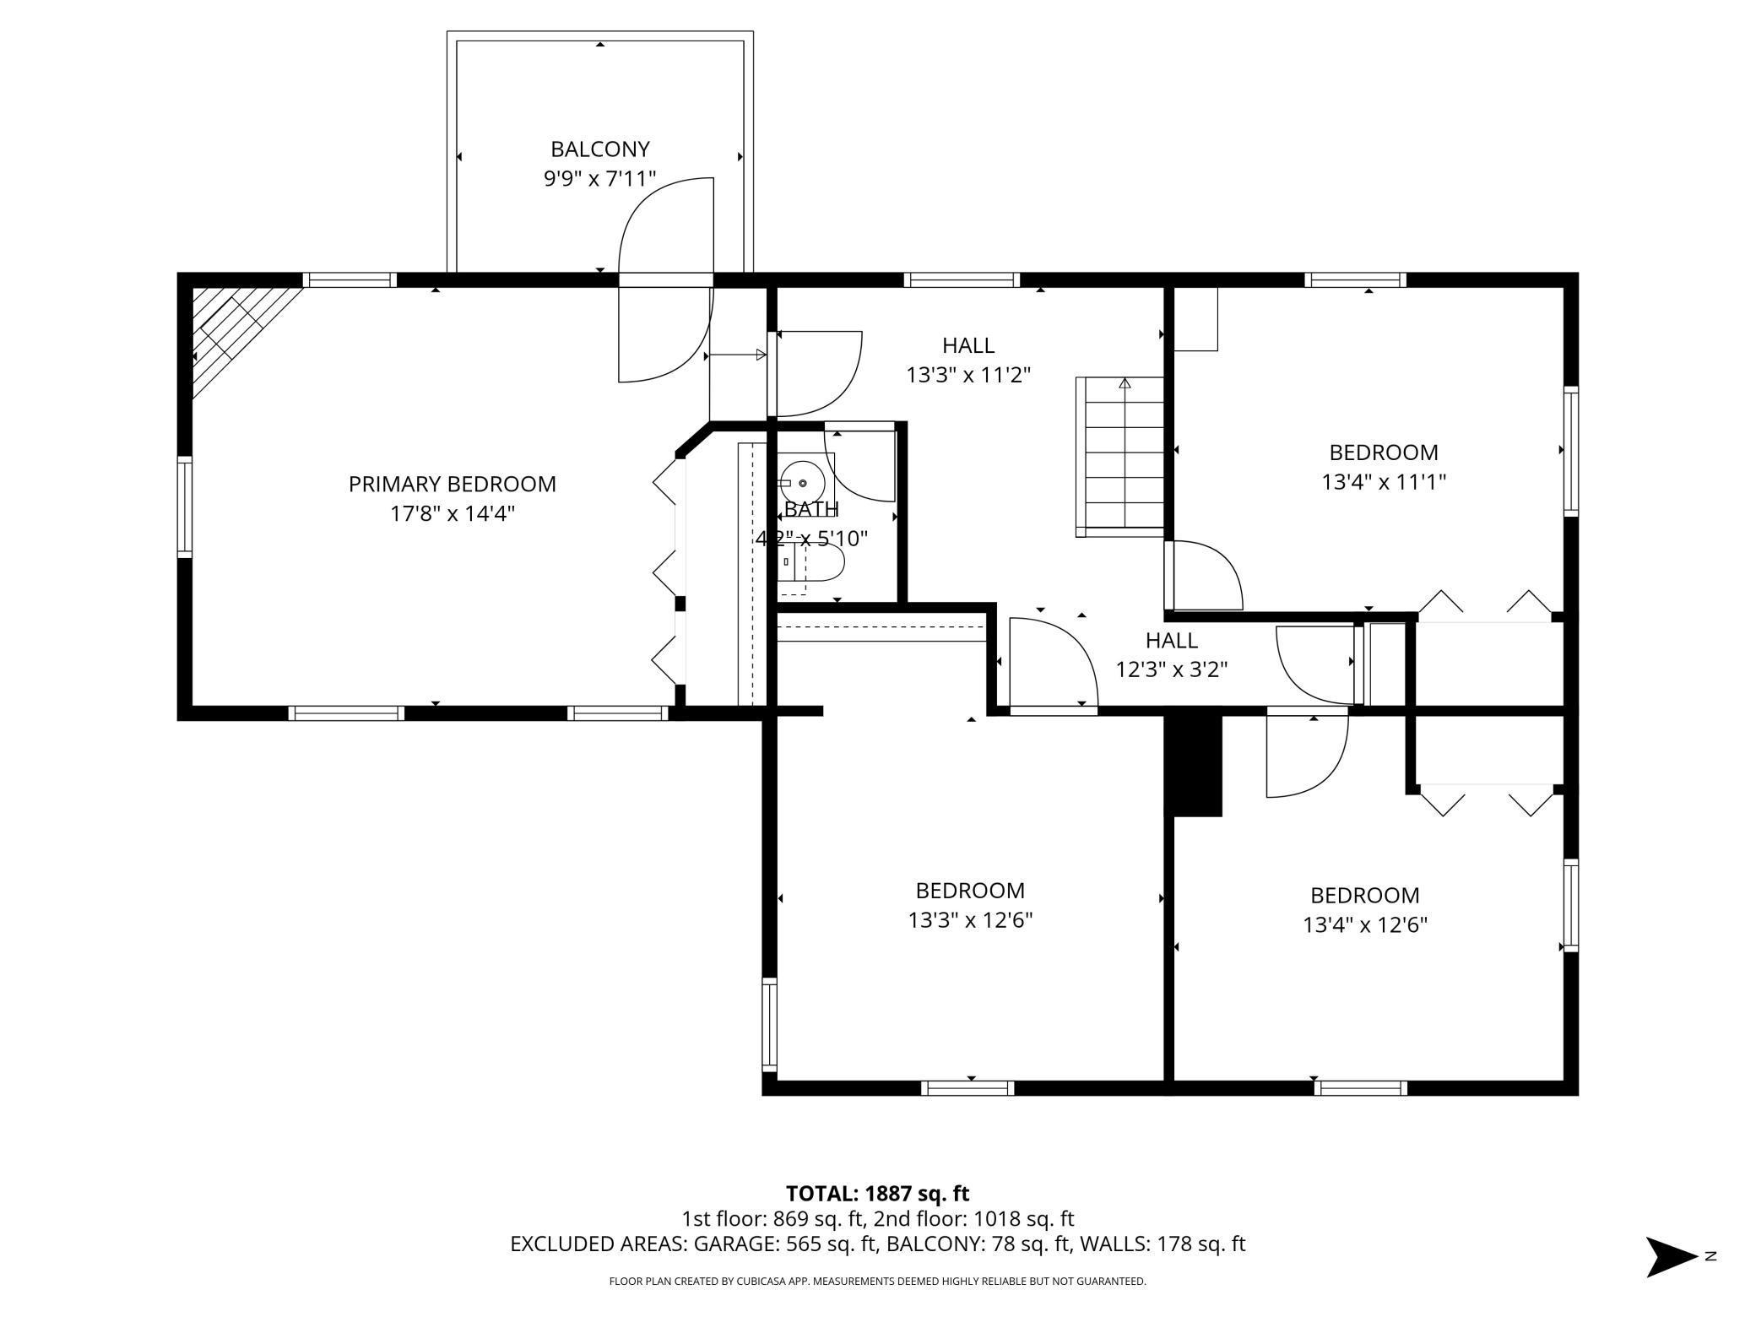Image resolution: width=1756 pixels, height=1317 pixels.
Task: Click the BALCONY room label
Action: pyautogui.click(x=599, y=149)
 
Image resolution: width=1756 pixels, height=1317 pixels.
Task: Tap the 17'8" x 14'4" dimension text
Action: pyautogui.click(x=453, y=514)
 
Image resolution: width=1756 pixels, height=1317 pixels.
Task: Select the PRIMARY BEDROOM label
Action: pyautogui.click(x=453, y=485)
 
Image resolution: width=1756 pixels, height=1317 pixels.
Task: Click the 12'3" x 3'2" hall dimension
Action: pyautogui.click(x=1171, y=670)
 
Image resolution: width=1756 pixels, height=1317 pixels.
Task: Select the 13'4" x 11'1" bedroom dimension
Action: pyautogui.click(x=1384, y=482)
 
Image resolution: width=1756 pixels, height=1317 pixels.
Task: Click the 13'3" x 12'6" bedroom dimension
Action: pyautogui.click(x=970, y=920)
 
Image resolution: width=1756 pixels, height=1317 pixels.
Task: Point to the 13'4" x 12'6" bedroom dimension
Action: pyautogui.click(x=1364, y=925)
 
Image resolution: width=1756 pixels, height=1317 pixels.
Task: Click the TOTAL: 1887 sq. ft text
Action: pyautogui.click(x=877, y=1194)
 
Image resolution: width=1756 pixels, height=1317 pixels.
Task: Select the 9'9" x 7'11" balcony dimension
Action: pyautogui.click(x=599, y=179)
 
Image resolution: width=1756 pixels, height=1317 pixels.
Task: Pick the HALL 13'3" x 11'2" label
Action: pyautogui.click(x=968, y=360)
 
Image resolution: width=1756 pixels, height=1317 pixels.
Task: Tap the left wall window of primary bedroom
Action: pyautogui.click(x=184, y=507)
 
